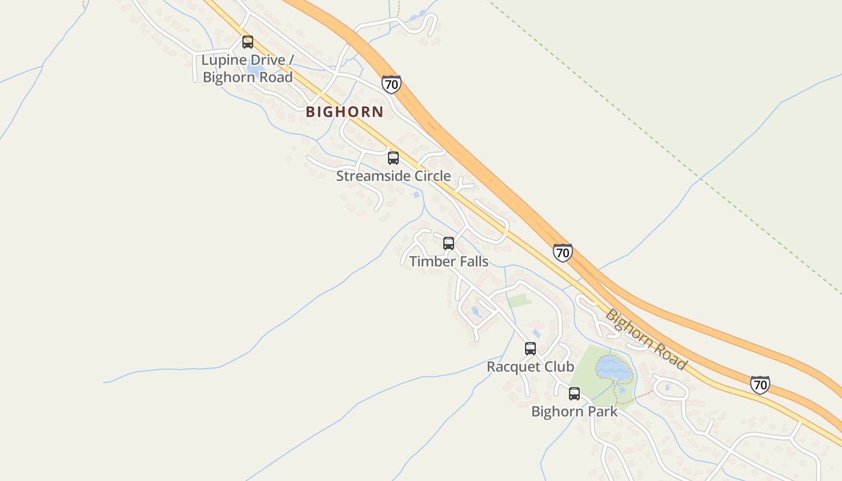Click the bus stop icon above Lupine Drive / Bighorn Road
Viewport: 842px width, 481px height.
point(247,42)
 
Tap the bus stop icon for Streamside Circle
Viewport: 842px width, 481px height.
point(393,158)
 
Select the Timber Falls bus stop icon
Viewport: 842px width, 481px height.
point(448,244)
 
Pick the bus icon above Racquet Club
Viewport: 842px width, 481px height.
point(530,349)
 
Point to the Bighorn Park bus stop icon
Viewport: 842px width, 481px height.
point(574,394)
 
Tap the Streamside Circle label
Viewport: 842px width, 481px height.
point(393,176)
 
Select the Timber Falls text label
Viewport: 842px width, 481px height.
point(449,262)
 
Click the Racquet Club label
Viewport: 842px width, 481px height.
point(530,367)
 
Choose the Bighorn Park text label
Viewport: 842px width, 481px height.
point(574,412)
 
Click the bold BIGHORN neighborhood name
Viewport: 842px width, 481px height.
point(344,112)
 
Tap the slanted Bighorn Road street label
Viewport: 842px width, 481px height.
point(646,339)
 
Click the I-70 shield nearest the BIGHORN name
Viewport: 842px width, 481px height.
point(391,84)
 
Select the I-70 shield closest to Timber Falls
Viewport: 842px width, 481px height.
point(562,253)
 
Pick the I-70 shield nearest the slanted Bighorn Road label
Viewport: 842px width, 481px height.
point(760,384)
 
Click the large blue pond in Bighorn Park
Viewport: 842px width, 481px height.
point(613,368)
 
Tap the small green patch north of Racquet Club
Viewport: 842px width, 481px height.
point(519,300)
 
